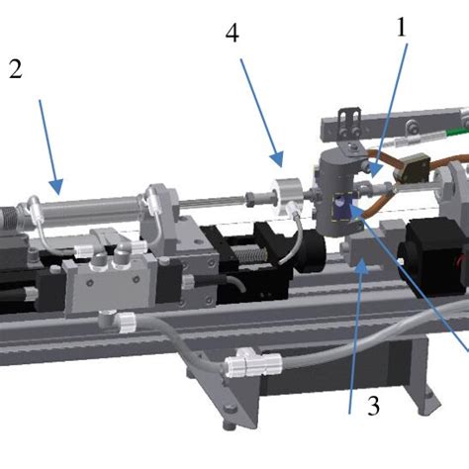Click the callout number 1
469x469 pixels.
(401, 30)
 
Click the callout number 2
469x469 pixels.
(15, 69)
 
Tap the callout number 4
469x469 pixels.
(232, 35)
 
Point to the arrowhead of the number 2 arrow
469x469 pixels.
(60, 190)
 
